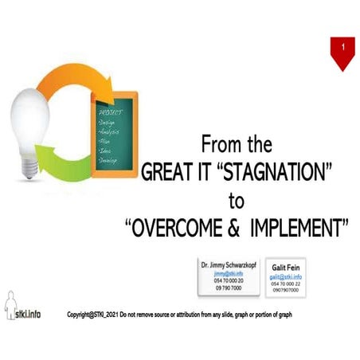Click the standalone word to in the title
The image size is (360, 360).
[236, 198]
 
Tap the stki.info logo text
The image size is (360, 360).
[29, 313]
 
